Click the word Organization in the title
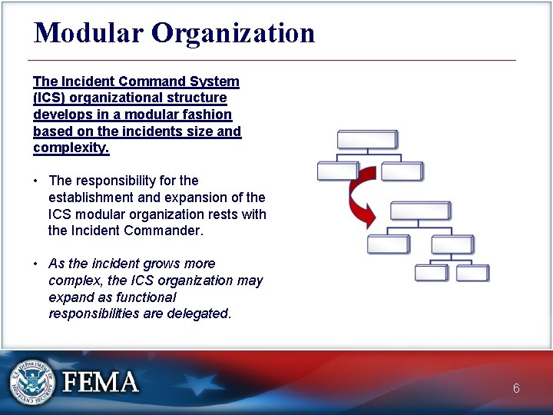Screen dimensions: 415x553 coord(233,33)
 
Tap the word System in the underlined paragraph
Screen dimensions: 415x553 coord(217,81)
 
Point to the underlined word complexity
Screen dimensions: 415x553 coord(71,148)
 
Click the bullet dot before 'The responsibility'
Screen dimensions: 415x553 coord(36,181)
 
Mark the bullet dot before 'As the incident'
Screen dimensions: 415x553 coord(36,264)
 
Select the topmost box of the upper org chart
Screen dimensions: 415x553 coord(368,139)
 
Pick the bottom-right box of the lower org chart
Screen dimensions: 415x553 coord(472,273)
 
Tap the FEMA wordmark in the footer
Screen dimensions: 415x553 coord(101,382)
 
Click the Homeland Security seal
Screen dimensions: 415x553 coord(33,382)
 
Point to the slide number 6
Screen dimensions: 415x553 coord(516,389)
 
